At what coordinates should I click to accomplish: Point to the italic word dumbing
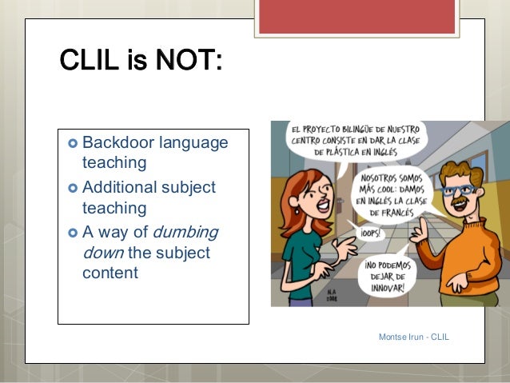(x=185, y=233)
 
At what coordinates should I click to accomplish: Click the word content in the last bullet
(x=110, y=273)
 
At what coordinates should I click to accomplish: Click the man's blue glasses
(x=462, y=191)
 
